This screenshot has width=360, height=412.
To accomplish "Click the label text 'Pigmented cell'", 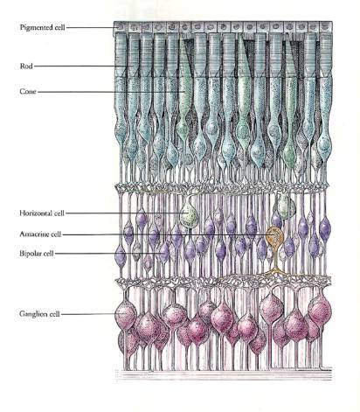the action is (43, 27).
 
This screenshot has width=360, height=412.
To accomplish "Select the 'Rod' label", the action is (26, 66).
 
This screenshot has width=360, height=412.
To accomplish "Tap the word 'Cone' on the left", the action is (28, 92).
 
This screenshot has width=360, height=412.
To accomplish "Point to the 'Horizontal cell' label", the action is (42, 213).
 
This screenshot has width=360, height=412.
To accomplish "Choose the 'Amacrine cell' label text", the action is (40, 234).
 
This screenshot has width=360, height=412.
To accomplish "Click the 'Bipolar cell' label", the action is (37, 254).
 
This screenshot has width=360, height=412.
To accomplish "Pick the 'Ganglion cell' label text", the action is (39, 314).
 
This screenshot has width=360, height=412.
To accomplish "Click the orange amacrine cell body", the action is (274, 235).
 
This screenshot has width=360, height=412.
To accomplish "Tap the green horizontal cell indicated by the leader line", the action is (189, 216).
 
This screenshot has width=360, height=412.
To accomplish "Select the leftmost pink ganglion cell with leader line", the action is (126, 314).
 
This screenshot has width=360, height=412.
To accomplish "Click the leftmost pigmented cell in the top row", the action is (120, 27).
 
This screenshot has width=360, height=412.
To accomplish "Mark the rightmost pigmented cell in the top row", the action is (326, 27).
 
